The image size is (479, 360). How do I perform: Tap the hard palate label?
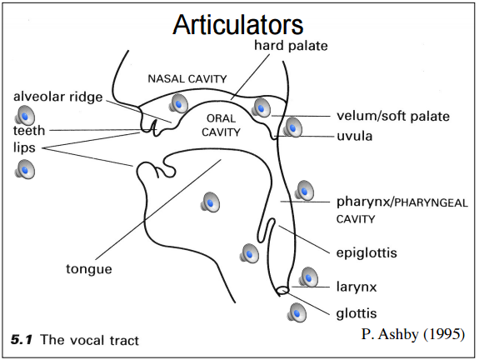pos(292,45)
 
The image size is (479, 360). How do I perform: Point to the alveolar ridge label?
pos(57,97)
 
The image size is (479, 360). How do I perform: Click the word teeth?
pos(28,131)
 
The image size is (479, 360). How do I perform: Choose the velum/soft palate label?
pos(393,116)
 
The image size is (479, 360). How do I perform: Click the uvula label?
pos(354,135)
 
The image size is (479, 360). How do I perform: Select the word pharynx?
pos(362,202)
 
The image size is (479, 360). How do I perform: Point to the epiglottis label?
pos(367,252)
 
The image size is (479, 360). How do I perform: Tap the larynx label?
pos(357,287)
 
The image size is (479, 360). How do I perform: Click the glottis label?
pos(357,313)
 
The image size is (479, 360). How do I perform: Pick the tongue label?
pos(88,268)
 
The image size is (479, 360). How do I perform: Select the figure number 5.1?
pos(22,340)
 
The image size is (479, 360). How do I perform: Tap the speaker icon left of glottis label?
pos(297,313)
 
